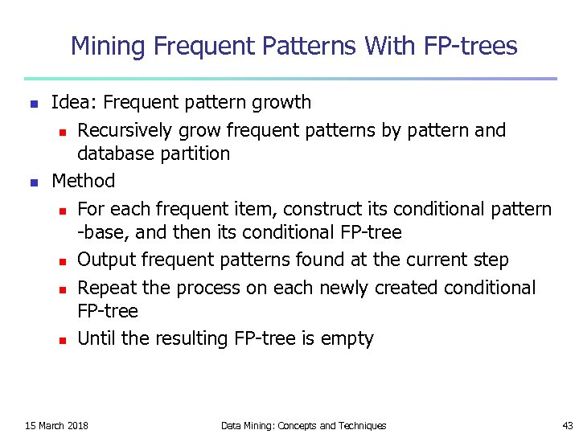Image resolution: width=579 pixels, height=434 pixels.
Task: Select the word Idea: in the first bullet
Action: tap(74, 103)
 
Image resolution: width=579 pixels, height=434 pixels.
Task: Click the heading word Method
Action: tap(83, 181)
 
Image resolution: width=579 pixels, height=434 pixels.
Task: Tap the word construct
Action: tap(294, 209)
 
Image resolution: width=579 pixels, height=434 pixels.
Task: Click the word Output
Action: tap(105, 260)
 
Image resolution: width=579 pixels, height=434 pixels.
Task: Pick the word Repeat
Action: tap(105, 288)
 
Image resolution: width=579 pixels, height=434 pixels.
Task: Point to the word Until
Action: tap(96, 338)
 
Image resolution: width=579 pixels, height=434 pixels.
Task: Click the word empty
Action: tap(347, 339)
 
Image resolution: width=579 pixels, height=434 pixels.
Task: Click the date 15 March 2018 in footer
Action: tap(57, 425)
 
